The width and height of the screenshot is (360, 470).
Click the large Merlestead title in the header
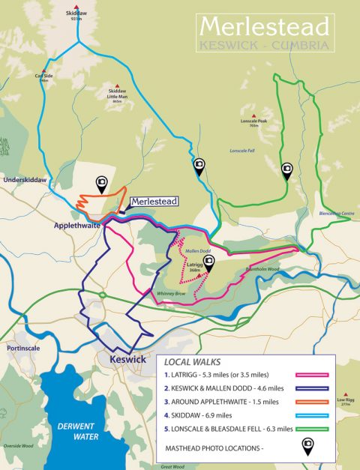click(264, 27)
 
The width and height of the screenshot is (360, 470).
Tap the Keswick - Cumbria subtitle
click(264, 46)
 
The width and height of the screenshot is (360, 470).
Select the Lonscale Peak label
click(254, 122)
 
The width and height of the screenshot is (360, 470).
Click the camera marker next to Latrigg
click(210, 261)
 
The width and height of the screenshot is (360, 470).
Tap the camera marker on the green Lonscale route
click(286, 170)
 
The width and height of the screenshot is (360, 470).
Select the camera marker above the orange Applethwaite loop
click(101, 183)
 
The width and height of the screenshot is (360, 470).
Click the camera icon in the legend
click(307, 448)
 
